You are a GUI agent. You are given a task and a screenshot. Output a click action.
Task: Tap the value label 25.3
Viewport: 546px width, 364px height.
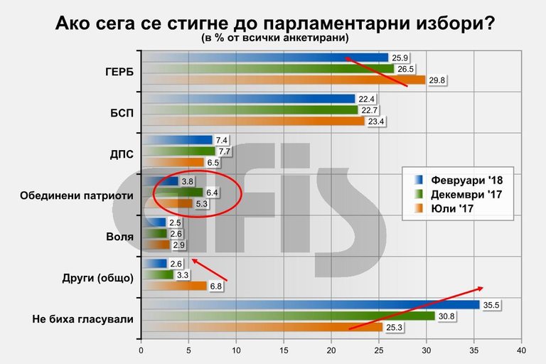tap(394, 328)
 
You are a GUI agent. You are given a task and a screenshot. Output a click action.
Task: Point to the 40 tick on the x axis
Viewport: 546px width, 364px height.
tap(521, 350)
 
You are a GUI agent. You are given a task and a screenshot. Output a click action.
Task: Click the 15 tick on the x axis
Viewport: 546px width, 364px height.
tap(284, 350)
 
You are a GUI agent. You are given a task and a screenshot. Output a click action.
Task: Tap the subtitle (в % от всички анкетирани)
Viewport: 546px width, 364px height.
tap(273, 38)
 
